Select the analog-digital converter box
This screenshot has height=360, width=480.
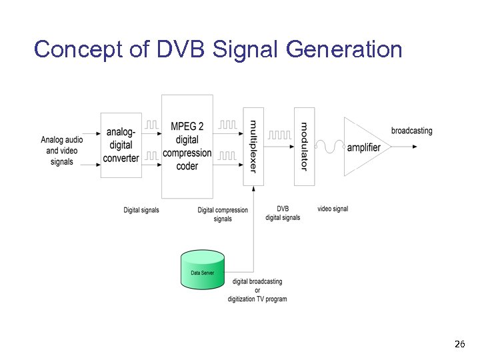(x=121, y=145)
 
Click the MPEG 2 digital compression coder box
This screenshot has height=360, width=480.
(x=187, y=146)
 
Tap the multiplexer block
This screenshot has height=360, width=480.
(x=253, y=146)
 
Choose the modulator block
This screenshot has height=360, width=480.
(x=304, y=146)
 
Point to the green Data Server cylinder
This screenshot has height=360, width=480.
(x=203, y=269)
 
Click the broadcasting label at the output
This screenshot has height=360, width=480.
(x=411, y=131)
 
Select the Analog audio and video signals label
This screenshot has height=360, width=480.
(x=62, y=151)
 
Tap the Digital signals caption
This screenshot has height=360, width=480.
(x=141, y=210)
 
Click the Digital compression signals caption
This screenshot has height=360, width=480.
(x=223, y=214)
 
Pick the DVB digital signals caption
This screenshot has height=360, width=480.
(x=283, y=213)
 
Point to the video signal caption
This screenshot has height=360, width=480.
(x=333, y=209)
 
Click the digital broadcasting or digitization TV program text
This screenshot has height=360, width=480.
(x=257, y=290)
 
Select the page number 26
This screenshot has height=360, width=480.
(x=459, y=345)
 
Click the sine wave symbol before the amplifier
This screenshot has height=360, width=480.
(x=330, y=145)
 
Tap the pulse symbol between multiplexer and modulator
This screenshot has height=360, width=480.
(x=280, y=135)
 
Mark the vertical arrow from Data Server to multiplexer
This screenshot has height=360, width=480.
(x=253, y=227)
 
